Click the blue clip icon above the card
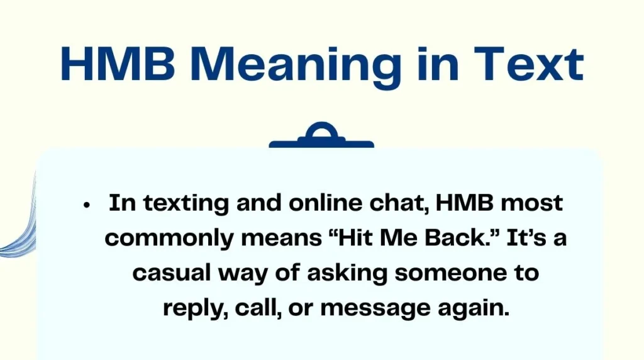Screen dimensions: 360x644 click(321, 137)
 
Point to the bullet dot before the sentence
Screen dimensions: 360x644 click(87, 205)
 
